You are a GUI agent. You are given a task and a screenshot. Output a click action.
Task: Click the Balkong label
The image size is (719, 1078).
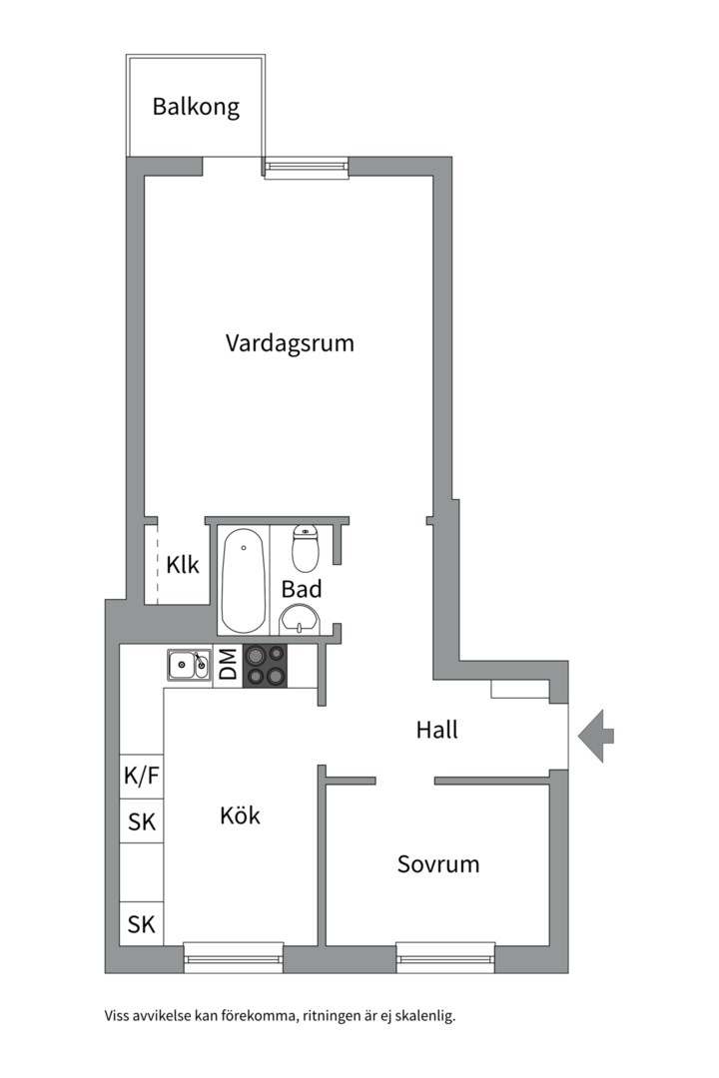[x=196, y=107]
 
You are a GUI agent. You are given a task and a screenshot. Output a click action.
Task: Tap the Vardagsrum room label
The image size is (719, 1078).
[x=290, y=343]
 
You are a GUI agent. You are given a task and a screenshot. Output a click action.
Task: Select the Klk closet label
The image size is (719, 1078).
[x=183, y=565]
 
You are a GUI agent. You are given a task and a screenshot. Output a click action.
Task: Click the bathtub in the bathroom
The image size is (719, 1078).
[x=244, y=580]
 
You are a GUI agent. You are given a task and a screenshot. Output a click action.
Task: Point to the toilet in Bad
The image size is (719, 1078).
[x=305, y=548]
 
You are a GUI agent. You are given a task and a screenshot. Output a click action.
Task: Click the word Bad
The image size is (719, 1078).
[x=301, y=589]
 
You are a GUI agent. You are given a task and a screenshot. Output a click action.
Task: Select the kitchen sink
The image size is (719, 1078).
[x=188, y=664]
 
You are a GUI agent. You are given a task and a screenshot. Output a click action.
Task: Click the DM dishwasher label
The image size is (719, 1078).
[x=228, y=665]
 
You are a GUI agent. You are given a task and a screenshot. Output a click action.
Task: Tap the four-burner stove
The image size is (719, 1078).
[x=265, y=665]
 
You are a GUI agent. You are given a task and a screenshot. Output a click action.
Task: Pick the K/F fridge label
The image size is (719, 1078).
[x=141, y=776]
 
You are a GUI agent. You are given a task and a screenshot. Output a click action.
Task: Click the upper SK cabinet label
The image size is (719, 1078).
[x=141, y=823]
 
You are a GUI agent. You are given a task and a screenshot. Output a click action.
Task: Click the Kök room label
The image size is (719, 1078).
[x=240, y=815]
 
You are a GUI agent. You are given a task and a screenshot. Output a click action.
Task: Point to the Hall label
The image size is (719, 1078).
[x=436, y=730]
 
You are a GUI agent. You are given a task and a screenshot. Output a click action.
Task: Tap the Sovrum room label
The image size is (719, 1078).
[x=437, y=863]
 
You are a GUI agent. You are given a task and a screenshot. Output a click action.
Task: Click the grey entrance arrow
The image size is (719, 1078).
[x=596, y=736]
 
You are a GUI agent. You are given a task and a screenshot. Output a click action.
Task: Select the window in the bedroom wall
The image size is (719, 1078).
[x=445, y=957]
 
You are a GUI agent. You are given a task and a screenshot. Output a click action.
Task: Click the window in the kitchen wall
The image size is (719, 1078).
[x=233, y=957]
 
